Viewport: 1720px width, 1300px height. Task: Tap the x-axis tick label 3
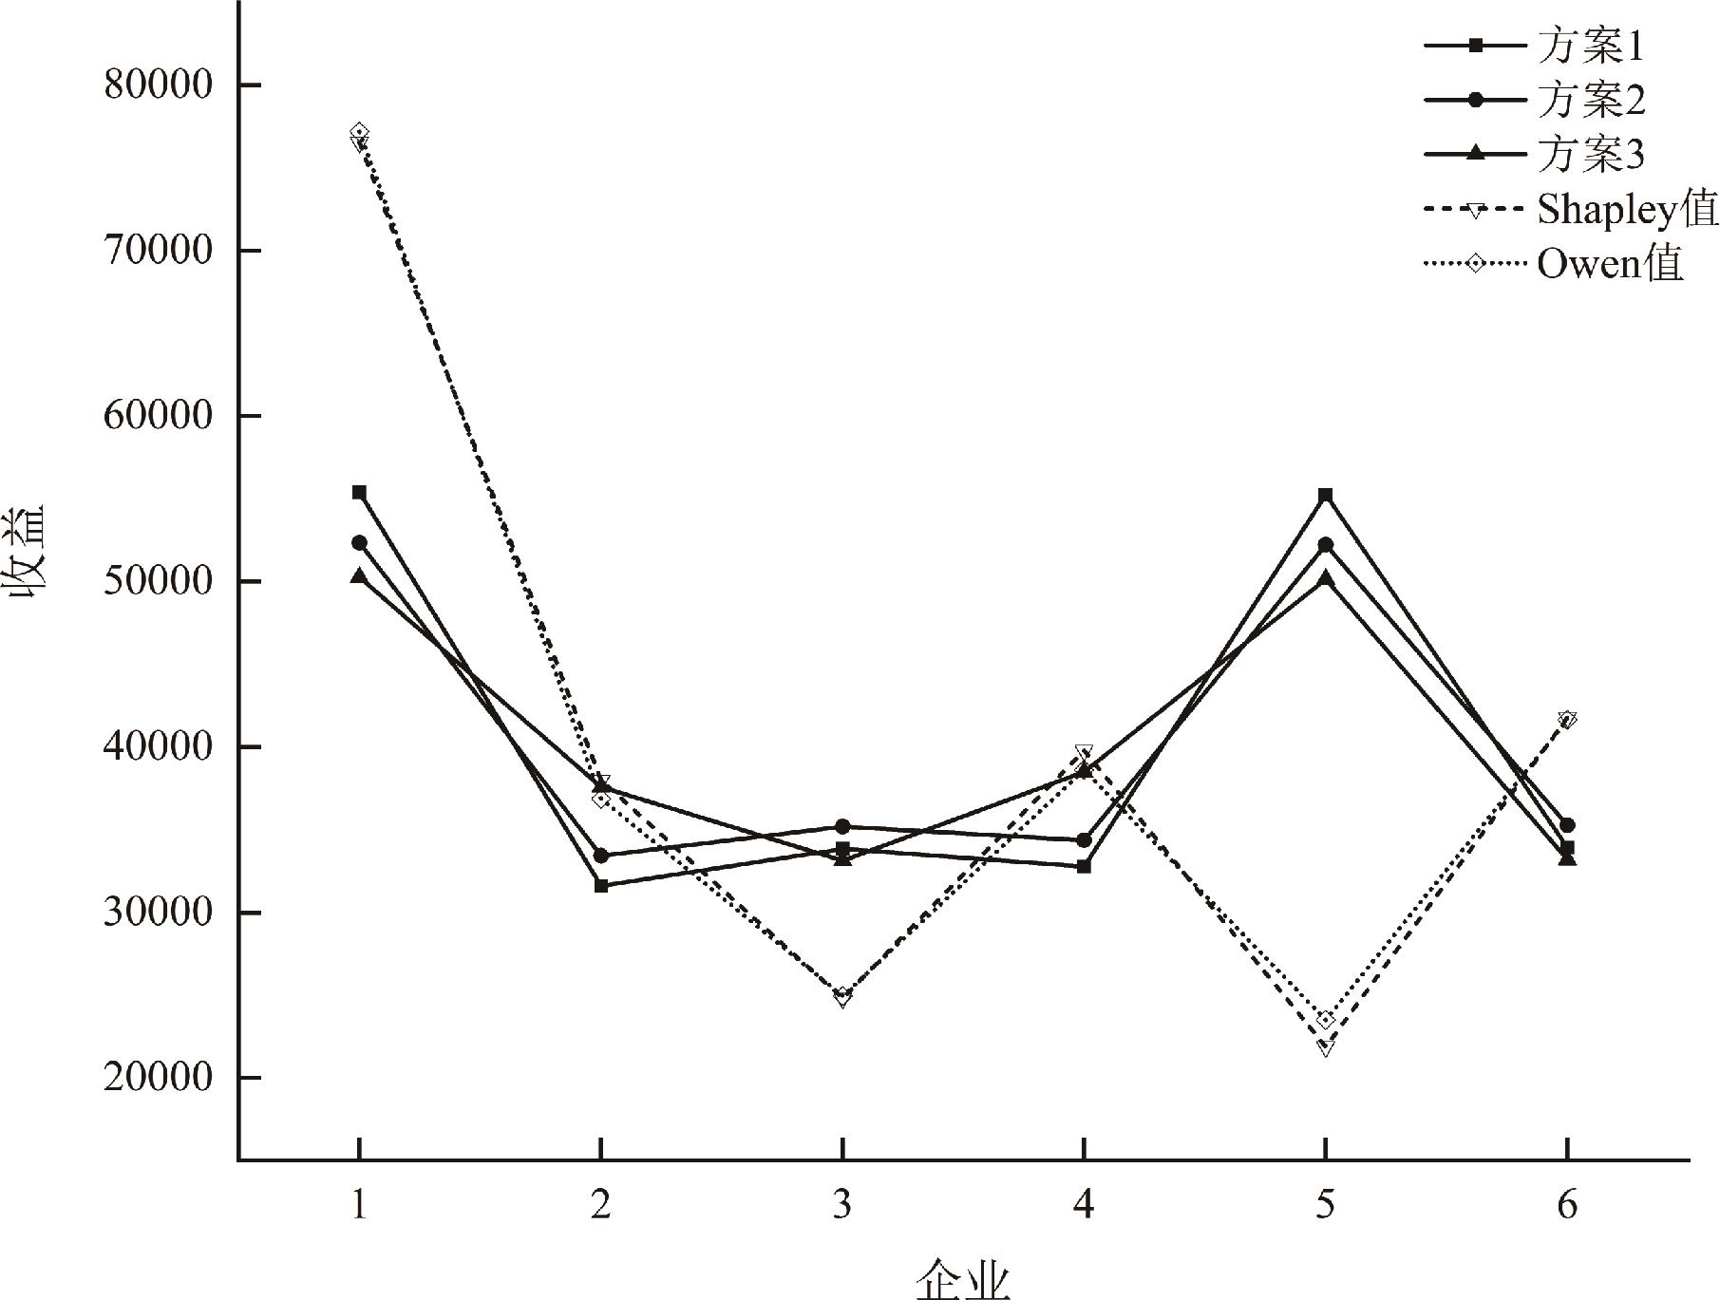tap(842, 1205)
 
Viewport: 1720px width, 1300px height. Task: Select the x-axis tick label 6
tap(1567, 1205)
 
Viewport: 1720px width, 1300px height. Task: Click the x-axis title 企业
tap(963, 1279)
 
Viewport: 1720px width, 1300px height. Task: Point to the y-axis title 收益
tap(30, 562)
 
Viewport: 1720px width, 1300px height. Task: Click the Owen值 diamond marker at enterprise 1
tap(359, 131)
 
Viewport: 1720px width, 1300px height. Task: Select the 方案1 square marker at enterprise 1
tap(359, 492)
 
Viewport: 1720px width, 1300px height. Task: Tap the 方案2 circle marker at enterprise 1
tap(359, 542)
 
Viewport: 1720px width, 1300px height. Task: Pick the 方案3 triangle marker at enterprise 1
tap(359, 576)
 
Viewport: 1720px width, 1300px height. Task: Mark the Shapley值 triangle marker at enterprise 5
tap(1326, 1047)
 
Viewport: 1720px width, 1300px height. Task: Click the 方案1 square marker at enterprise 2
tap(601, 885)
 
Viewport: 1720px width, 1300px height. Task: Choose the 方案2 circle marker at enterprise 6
tap(1567, 825)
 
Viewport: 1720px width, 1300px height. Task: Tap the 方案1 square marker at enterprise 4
tap(1084, 866)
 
